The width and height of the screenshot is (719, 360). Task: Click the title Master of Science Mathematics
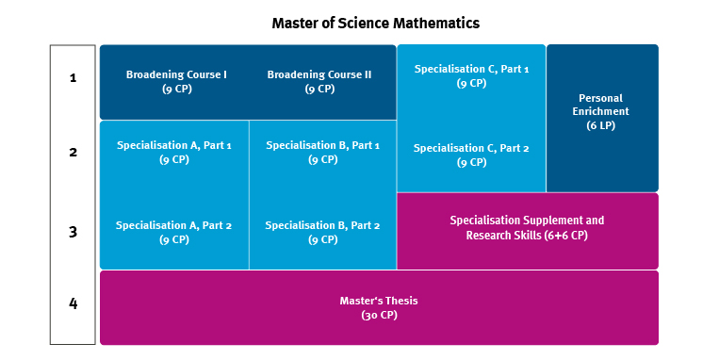tap(375, 22)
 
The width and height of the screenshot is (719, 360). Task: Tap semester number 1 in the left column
tap(73, 78)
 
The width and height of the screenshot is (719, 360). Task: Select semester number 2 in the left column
tap(73, 152)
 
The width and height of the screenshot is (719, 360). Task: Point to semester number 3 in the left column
tap(73, 231)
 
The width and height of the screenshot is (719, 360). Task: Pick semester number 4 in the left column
tap(73, 303)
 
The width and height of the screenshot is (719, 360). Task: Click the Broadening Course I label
tap(176, 74)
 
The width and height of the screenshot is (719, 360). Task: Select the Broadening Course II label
tap(319, 74)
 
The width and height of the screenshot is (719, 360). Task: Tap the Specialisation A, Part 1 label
tap(173, 145)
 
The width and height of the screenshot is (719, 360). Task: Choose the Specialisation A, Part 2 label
tap(173, 225)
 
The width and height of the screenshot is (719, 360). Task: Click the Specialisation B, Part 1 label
tap(322, 145)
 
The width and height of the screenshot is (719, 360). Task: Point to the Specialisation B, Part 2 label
tap(322, 225)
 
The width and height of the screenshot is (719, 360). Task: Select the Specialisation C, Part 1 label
tap(471, 69)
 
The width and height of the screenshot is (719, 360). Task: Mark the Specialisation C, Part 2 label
tap(471, 148)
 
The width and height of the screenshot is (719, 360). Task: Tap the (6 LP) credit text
tap(600, 125)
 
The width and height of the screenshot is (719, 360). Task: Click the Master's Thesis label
tap(378, 301)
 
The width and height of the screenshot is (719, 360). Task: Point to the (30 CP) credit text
tap(379, 315)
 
